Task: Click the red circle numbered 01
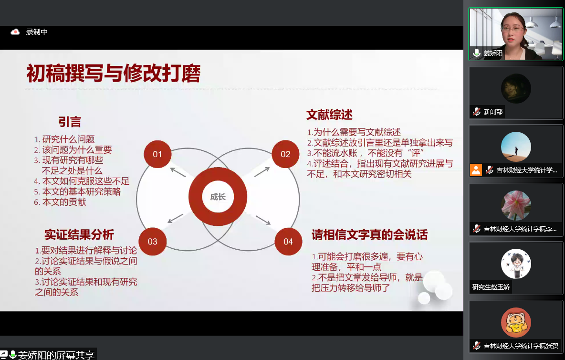157,154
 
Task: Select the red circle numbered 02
285,154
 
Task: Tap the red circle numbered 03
152,242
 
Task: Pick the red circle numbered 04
288,242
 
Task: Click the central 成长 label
218,197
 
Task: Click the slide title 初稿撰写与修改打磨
114,74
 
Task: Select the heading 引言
70,122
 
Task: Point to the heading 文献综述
329,115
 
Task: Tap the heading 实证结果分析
79,234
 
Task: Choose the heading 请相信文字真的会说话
370,234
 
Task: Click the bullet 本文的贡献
64,202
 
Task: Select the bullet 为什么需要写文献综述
357,132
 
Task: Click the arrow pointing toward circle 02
262,172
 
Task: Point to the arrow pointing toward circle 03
176,218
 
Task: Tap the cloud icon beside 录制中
15,32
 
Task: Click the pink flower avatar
516,205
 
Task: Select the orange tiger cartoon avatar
516,323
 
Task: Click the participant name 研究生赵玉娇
491,287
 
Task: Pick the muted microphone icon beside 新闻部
477,112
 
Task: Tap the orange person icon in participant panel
476,170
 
